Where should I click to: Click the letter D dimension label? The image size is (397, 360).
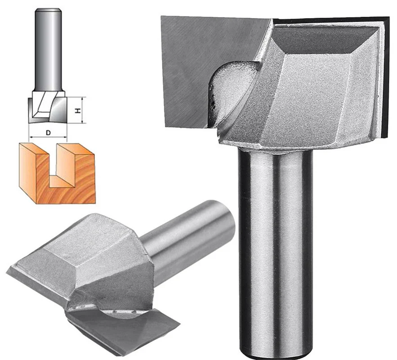(x=48, y=132)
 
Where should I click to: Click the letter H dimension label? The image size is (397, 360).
(x=78, y=111)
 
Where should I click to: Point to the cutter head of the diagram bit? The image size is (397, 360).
(x=48, y=107)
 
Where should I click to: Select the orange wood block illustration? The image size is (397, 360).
(x=57, y=174)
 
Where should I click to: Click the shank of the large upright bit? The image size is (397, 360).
(x=276, y=251)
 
